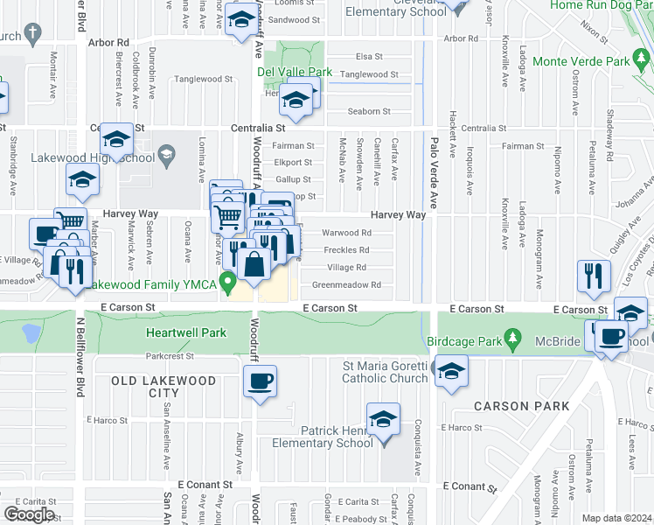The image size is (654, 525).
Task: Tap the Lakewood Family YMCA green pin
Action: pos(229,283)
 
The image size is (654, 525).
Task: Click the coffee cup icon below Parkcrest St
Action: pos(261,381)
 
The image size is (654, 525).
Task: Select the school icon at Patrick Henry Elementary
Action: pos(382,420)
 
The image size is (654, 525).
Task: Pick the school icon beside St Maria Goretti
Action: pos(450,371)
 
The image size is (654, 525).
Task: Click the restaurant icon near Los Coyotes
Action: pos(595,275)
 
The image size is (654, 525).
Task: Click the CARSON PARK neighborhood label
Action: pos(521,406)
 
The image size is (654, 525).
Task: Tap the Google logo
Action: pos(29,514)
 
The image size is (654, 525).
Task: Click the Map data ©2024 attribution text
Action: pos(616,518)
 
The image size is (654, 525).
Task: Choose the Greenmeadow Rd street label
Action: pos(346,284)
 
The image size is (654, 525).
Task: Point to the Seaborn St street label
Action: pos(368,111)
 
